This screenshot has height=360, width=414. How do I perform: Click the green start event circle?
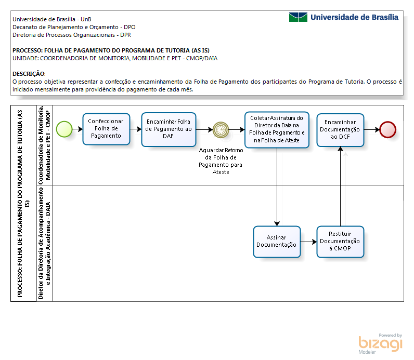pos(64,129)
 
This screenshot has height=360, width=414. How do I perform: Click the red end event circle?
pos(387,129)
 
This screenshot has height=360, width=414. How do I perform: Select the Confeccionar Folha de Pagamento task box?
pos(106,129)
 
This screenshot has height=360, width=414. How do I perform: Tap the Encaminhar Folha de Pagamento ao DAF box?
pos(169,129)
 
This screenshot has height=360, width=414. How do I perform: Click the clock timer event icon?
pos(221,129)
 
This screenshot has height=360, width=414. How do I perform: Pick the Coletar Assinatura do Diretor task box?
pos(277,129)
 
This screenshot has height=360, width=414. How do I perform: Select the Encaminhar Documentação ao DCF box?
pos(340,130)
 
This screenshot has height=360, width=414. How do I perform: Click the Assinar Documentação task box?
pos(277,242)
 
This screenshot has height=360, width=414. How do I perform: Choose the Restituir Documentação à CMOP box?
pos(340,242)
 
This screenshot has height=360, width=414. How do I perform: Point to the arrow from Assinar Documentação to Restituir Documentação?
pos(308,242)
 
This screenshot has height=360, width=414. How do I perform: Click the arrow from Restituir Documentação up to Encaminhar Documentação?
pos(340,186)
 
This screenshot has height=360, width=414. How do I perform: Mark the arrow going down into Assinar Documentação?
pos(277,186)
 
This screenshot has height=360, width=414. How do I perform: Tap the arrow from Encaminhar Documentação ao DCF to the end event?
pos(372,129)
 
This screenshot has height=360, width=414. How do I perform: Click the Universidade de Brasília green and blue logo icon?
pos(298,17)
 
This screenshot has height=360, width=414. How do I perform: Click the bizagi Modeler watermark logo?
pos(380,344)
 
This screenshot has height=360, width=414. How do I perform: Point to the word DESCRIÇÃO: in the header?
pos(29,74)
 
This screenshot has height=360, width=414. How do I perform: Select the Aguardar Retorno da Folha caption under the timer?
pos(221,161)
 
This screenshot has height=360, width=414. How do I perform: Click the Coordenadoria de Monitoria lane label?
pos(44,145)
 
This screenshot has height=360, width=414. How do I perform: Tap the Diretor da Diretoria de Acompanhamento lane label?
pos(44,243)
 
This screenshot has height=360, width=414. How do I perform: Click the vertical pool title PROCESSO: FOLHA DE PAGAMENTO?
pos(23,204)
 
